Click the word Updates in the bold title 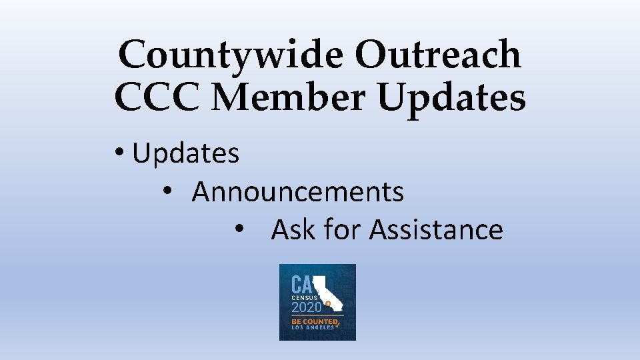(451, 98)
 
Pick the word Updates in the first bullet (186, 154)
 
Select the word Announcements (298, 192)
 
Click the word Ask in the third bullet (293, 230)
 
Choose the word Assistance (436, 230)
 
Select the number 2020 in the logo (307, 307)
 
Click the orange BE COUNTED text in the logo (314, 323)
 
